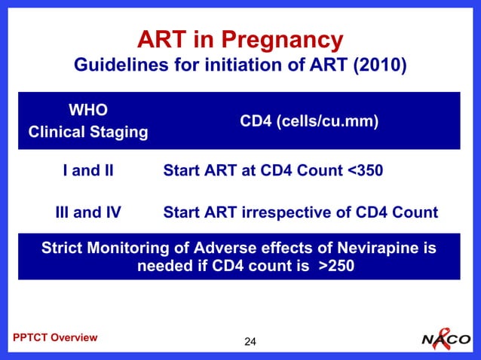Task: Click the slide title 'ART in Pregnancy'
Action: tap(240, 39)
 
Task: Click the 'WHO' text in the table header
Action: tap(87, 111)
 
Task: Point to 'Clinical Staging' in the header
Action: tap(87, 133)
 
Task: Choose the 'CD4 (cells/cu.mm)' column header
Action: tap(309, 122)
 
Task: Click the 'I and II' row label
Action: tap(87, 171)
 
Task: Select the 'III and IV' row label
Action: tap(87, 212)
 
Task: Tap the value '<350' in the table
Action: tap(365, 171)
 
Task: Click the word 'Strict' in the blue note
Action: tap(64, 248)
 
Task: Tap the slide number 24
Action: tap(250, 343)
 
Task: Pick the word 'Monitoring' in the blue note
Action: tap(132, 248)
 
